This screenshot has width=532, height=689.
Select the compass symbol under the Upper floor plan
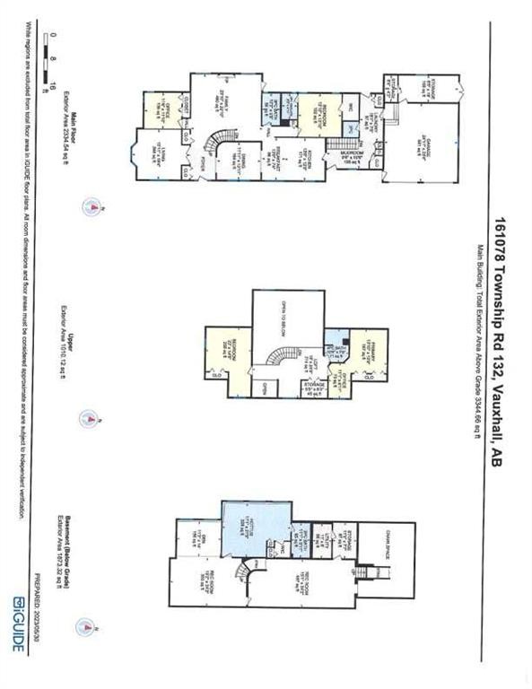88,417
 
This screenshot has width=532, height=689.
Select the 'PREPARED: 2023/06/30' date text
35,601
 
